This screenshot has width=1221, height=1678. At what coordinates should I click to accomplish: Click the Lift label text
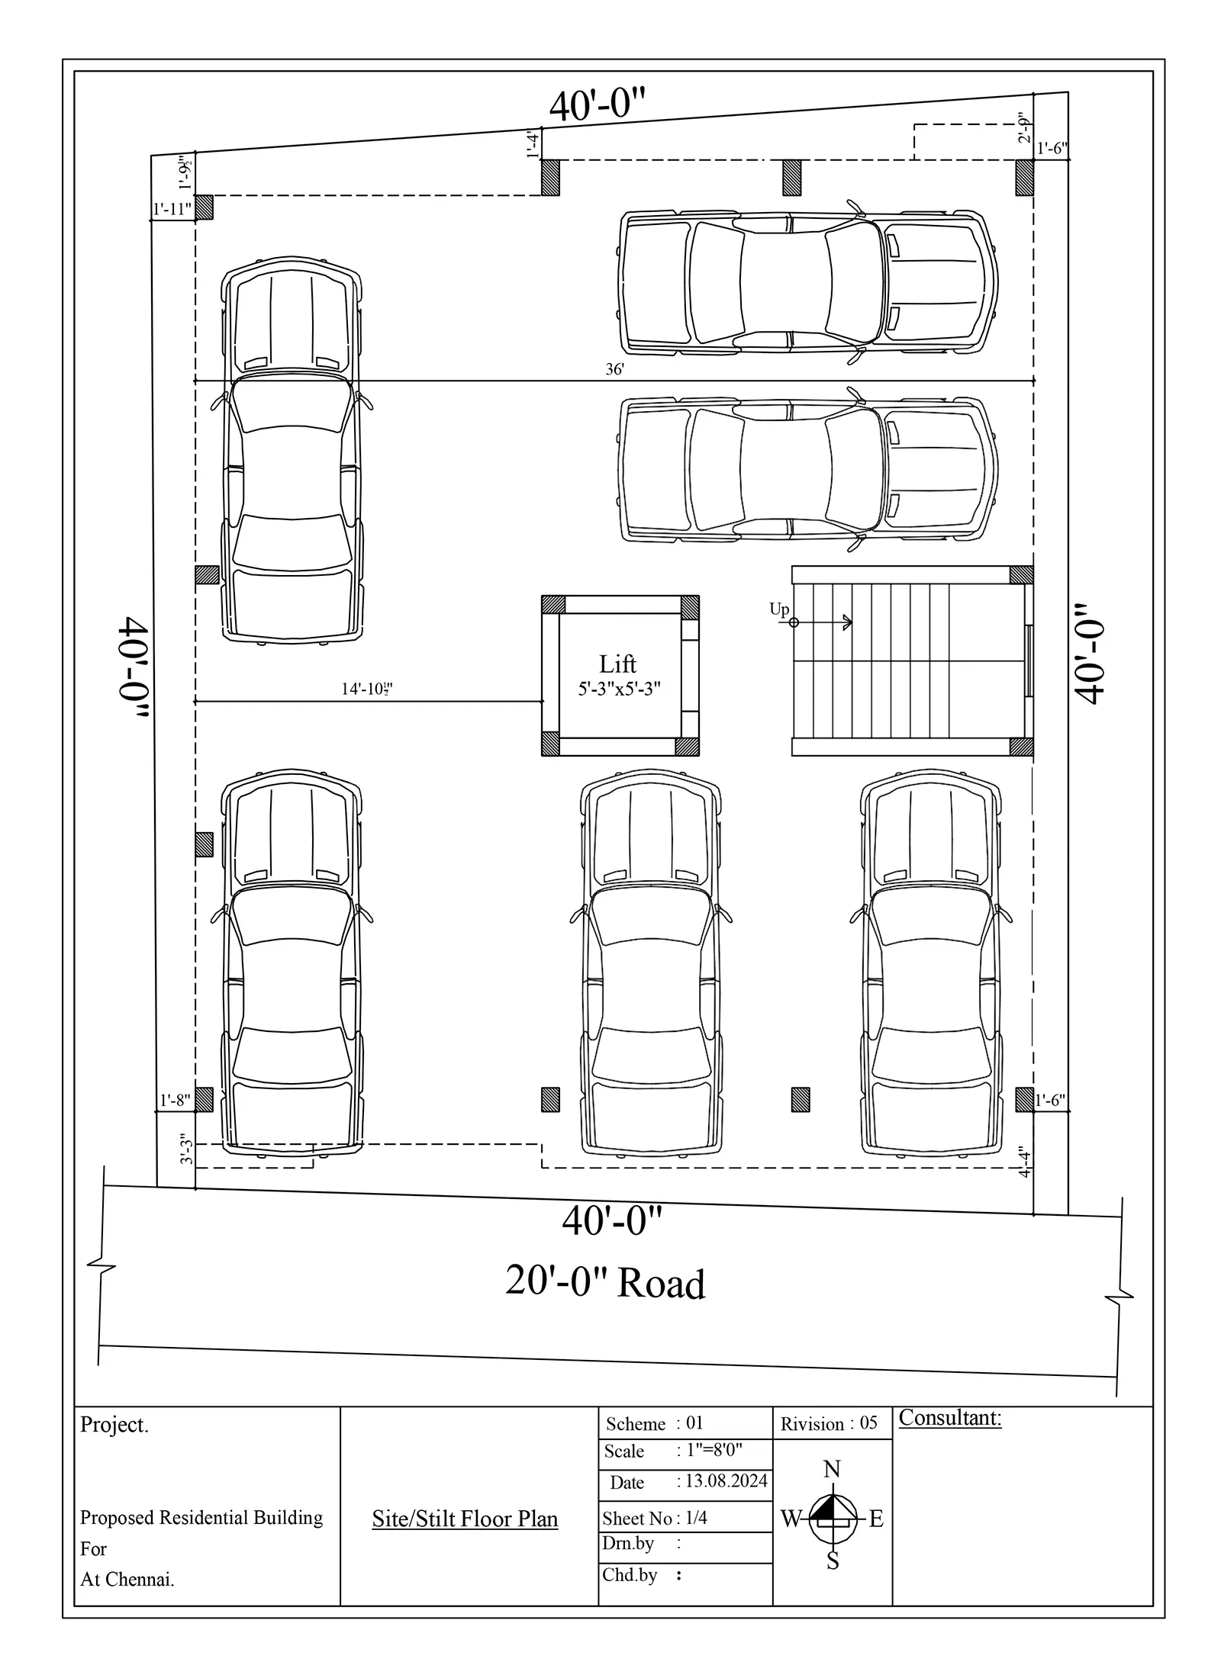617,664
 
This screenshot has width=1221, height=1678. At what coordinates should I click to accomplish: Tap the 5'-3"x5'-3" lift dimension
619,689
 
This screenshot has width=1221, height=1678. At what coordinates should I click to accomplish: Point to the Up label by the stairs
779,609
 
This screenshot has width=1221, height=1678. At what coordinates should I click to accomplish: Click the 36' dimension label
615,370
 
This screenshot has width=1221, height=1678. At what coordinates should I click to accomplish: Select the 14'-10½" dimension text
367,690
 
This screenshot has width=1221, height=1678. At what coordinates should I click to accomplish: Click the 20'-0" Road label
605,1281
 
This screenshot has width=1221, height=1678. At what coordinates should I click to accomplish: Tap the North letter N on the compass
833,1469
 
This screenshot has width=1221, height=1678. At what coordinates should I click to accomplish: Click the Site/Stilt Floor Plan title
465,1519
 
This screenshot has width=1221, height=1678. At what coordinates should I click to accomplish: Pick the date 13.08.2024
726,1481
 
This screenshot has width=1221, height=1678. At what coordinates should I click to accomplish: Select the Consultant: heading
950,1418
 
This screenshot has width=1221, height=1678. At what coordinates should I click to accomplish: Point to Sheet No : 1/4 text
655,1519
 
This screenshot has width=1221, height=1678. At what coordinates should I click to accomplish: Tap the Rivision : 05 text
830,1424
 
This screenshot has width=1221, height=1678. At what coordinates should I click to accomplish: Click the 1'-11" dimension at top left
172,210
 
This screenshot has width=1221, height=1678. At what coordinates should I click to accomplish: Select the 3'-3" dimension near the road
186,1149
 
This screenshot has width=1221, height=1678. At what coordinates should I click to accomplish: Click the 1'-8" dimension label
175,1101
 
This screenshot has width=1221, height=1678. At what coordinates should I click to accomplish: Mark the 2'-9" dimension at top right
1024,128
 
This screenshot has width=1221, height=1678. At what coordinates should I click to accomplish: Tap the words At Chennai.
127,1580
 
